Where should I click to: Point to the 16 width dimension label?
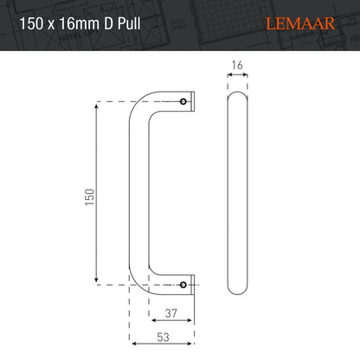[x=237, y=64]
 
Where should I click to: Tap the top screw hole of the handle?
[x=183, y=102]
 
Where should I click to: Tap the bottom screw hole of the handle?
[x=183, y=283]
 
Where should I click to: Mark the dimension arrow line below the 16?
[x=237, y=74]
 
